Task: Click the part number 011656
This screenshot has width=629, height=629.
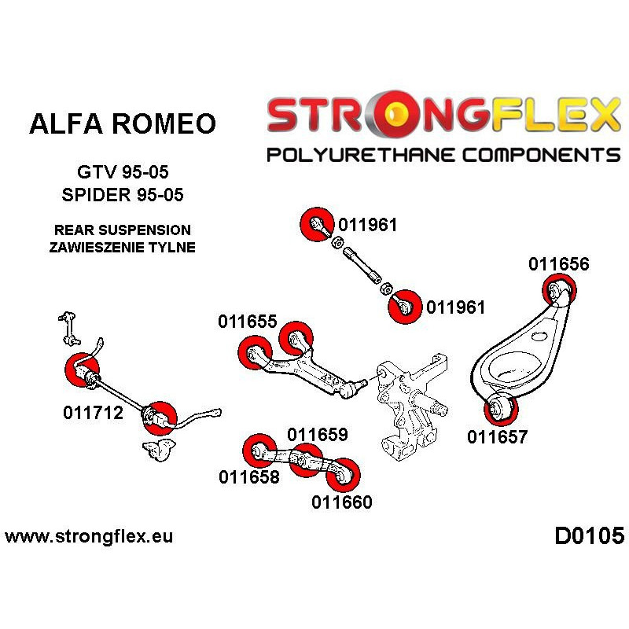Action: coord(558,264)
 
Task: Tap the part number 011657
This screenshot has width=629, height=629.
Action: coord(497,437)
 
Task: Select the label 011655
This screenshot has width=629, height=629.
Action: coord(247,322)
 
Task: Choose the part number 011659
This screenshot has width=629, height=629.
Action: coord(318,434)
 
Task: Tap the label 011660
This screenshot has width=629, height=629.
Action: coord(341,502)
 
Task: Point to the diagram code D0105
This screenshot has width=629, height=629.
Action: coord(589,537)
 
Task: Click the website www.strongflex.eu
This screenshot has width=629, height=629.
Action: coord(89,538)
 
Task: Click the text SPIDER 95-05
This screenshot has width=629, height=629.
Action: coord(122,194)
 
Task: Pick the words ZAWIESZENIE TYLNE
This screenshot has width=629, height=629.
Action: coord(122,248)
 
